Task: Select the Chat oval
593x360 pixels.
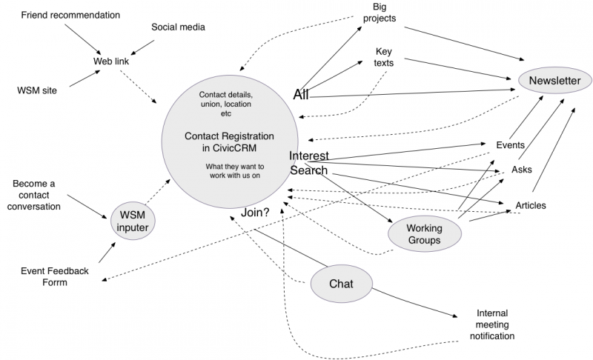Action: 341,284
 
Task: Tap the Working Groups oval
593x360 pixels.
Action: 425,233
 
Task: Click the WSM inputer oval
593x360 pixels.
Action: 133,221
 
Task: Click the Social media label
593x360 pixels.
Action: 178,27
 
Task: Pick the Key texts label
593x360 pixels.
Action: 384,57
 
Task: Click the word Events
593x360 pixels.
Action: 511,144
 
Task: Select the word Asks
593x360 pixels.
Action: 522,170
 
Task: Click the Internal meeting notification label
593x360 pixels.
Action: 492,324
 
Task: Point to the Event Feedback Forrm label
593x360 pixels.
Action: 54,276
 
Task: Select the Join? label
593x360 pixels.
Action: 255,213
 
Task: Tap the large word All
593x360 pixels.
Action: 301,95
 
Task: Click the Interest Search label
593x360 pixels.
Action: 308,163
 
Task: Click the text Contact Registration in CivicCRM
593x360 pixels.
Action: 229,141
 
